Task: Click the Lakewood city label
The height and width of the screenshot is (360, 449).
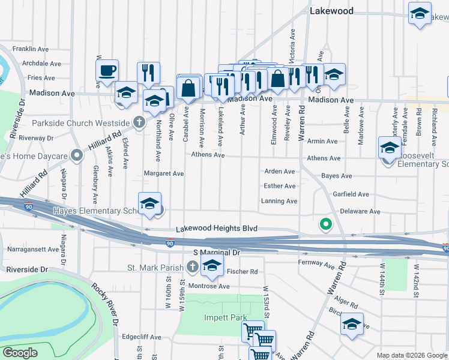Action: click(x=331, y=11)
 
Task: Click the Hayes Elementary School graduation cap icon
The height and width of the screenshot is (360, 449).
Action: click(x=149, y=203)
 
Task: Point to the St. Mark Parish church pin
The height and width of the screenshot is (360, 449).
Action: click(x=192, y=266)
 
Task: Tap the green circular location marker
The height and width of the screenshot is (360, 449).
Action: click(x=325, y=225)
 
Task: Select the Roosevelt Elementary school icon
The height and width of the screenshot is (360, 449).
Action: click(x=390, y=148)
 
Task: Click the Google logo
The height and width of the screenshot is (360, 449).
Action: click(x=20, y=352)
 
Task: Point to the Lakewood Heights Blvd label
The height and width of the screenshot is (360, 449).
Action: click(x=217, y=229)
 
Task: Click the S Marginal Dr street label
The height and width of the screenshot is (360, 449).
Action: click(x=216, y=253)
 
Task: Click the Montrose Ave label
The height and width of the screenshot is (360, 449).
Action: click(x=208, y=286)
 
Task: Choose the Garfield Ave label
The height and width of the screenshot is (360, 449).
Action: click(x=351, y=194)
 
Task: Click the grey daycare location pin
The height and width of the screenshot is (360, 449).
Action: click(x=76, y=156)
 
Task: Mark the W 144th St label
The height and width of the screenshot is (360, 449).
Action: click(x=381, y=283)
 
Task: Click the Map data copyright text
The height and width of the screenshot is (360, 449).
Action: click(x=411, y=355)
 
